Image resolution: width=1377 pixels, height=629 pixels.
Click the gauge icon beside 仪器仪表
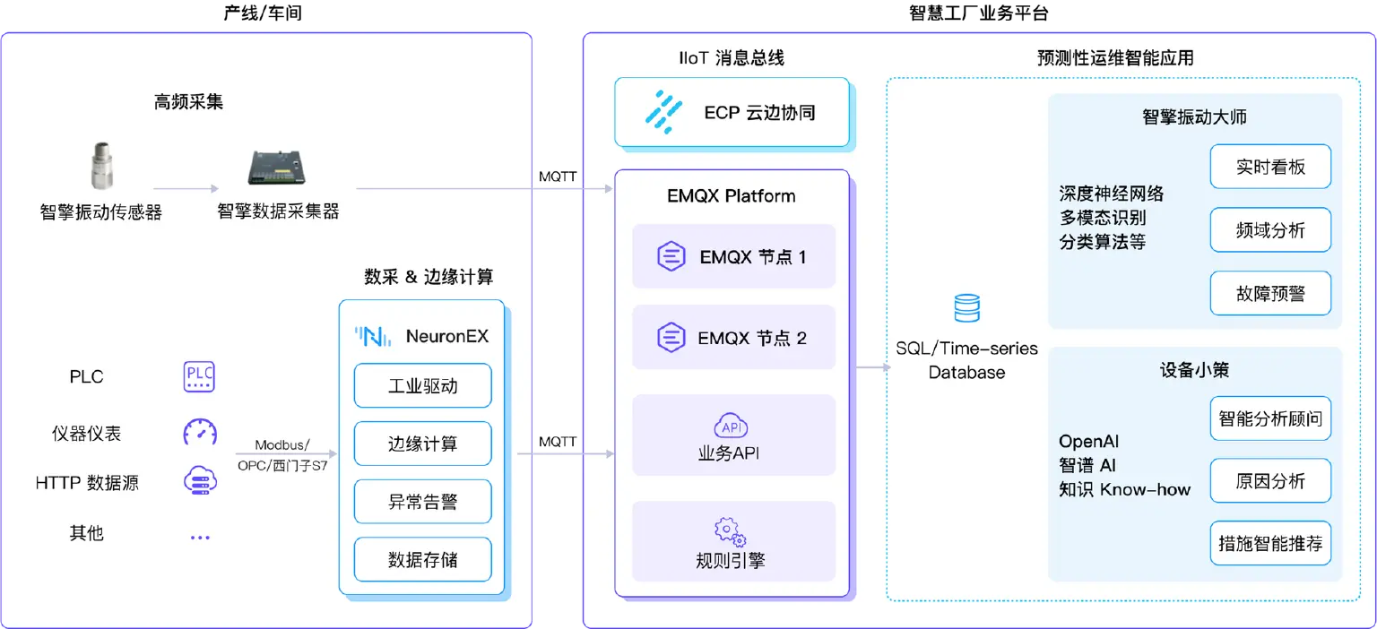tap(199, 432)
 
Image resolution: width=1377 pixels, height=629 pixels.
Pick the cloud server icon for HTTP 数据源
tap(199, 481)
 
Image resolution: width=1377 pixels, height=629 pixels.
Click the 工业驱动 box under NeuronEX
tap(422, 386)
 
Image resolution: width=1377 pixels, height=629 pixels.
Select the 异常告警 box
tap(422, 502)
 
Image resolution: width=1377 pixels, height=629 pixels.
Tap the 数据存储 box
tap(422, 560)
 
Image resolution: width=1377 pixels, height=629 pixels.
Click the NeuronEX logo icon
tap(372, 337)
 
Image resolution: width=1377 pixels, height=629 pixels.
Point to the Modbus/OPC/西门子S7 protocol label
tap(282, 455)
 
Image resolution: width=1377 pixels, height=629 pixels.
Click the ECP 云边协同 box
tap(731, 113)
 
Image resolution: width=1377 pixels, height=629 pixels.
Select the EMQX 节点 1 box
tap(733, 256)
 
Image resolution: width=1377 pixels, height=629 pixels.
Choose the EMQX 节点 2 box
tap(733, 338)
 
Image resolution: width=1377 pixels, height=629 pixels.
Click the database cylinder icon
tap(966, 309)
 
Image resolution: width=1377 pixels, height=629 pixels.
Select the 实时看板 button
tap(1269, 168)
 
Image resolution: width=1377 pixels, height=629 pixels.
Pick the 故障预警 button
tap(1269, 293)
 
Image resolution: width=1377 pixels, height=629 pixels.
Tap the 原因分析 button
tap(1269, 481)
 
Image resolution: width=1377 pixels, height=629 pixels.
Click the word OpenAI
tap(1088, 442)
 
